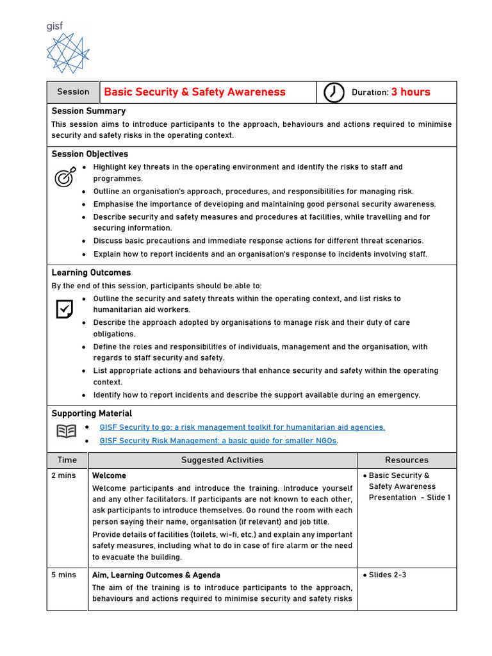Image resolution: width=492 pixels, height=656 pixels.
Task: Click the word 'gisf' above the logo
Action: (55, 26)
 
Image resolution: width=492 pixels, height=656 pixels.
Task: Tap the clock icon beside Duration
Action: (333, 92)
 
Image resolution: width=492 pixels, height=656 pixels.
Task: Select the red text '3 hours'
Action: (411, 92)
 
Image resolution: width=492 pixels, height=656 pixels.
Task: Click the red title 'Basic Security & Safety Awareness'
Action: (195, 92)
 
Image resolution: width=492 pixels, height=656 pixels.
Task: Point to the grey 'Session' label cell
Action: (73, 92)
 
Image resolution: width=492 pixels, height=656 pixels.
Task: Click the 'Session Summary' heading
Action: (88, 111)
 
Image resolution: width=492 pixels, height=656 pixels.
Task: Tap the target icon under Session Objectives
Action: (64, 177)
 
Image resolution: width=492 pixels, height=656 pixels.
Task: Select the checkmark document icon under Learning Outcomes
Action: (64, 309)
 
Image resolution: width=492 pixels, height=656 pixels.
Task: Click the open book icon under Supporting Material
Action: (65, 431)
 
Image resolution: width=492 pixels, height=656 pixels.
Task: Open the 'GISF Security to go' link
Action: (242, 427)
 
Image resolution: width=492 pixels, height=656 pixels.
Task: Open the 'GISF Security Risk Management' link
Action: (218, 441)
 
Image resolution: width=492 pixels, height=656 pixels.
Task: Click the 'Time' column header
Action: (67, 460)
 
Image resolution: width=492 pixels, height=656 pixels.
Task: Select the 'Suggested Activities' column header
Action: (222, 460)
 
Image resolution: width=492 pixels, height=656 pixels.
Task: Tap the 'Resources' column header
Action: (407, 460)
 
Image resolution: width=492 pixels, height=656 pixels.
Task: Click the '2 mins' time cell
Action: (63, 476)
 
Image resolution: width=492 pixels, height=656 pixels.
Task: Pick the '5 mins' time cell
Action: (63, 575)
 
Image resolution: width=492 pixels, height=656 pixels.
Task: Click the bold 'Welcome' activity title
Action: (109, 476)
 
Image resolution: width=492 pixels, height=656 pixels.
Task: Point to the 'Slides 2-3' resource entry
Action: (387, 575)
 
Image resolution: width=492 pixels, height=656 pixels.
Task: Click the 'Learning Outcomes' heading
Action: (91, 273)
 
